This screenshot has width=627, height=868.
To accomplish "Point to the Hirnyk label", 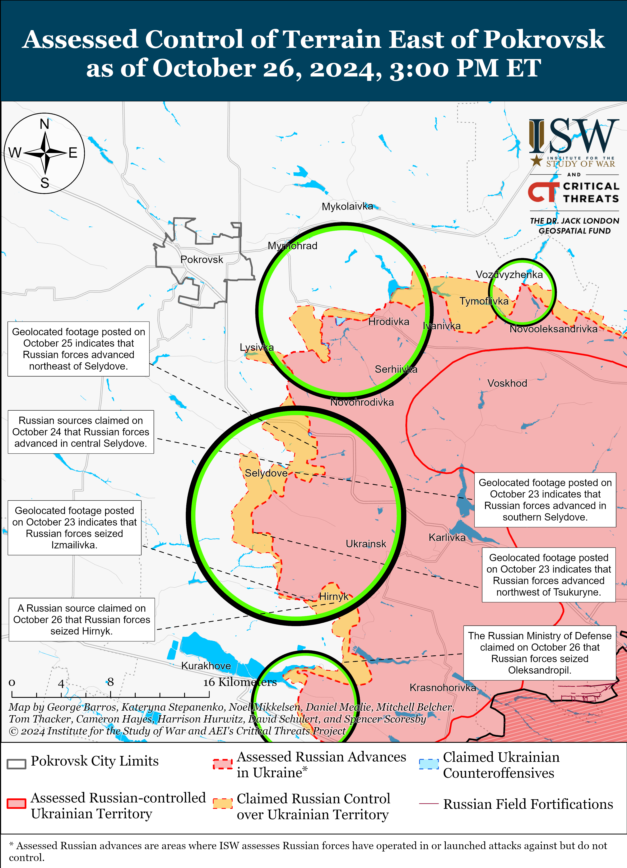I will [334, 596].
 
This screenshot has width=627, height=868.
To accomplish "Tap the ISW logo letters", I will [574, 136].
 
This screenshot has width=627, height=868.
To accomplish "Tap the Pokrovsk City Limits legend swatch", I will [17, 763].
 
